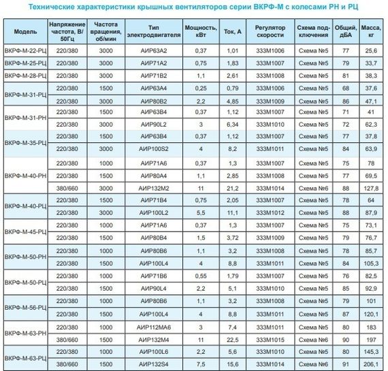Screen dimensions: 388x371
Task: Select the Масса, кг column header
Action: pyautogui.click(x=372, y=32)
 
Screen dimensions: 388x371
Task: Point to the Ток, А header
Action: pyautogui.click(x=232, y=32)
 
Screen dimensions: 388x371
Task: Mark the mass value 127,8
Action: pyautogui.click(x=372, y=187)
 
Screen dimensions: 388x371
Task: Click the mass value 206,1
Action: pyautogui.click(x=372, y=365)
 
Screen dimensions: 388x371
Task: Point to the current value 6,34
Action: pyautogui.click(x=232, y=125)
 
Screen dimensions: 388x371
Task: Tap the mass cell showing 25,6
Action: pyautogui.click(x=372, y=50)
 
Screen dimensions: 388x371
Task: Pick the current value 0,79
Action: pyautogui.click(x=232, y=88)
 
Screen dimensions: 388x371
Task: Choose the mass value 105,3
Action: pyautogui.click(x=372, y=263)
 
